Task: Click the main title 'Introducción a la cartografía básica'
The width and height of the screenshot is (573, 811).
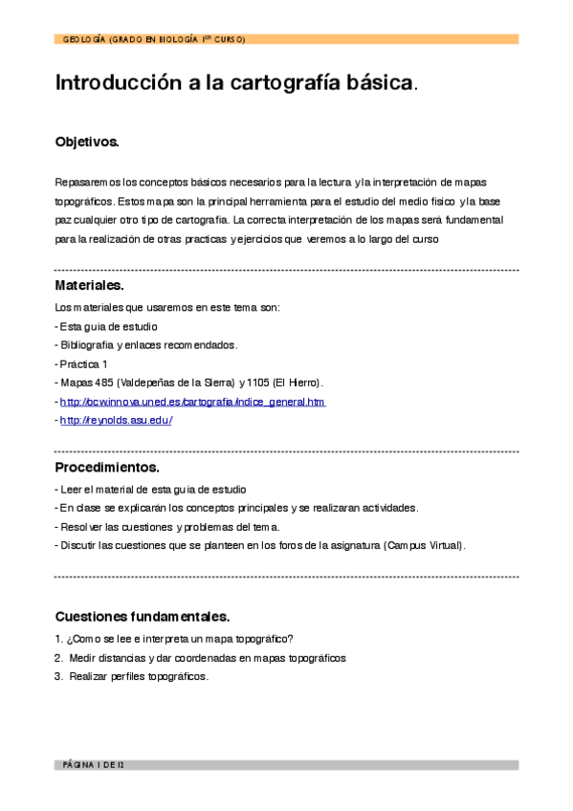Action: (x=234, y=83)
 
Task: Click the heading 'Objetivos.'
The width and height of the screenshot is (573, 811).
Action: (x=87, y=142)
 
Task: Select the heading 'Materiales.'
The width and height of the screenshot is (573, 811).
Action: (x=89, y=285)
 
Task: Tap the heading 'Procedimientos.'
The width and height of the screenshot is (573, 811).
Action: (x=106, y=468)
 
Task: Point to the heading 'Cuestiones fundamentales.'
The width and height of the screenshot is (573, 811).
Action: (x=142, y=616)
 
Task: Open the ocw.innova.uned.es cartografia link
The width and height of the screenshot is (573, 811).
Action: (x=192, y=402)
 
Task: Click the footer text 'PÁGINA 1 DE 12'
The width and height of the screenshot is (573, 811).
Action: (x=93, y=765)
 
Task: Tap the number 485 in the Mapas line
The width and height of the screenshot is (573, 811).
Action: (x=102, y=383)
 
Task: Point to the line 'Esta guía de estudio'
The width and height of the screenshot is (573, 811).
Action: (x=108, y=326)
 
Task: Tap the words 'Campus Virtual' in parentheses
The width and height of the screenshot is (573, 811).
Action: (x=423, y=545)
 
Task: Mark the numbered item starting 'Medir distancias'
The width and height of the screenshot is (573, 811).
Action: (x=207, y=658)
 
